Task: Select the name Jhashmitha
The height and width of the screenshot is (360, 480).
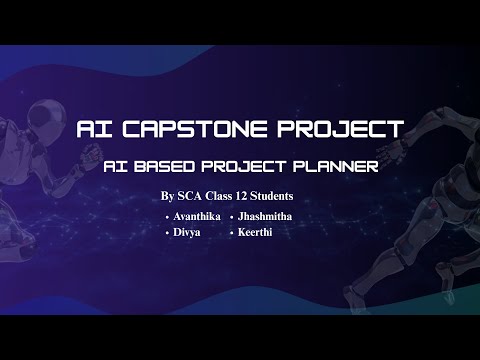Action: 270,217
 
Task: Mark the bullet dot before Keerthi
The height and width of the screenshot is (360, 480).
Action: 232,233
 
